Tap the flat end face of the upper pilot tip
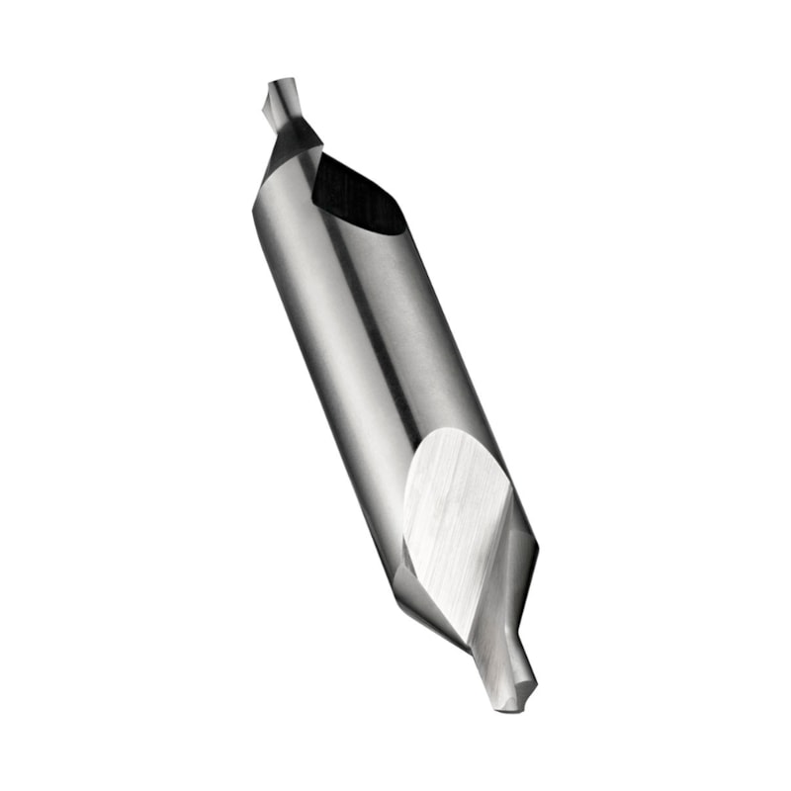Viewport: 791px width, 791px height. (x=280, y=84)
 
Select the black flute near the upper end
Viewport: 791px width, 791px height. (x=356, y=198)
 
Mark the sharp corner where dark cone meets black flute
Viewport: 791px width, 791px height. (x=322, y=149)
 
